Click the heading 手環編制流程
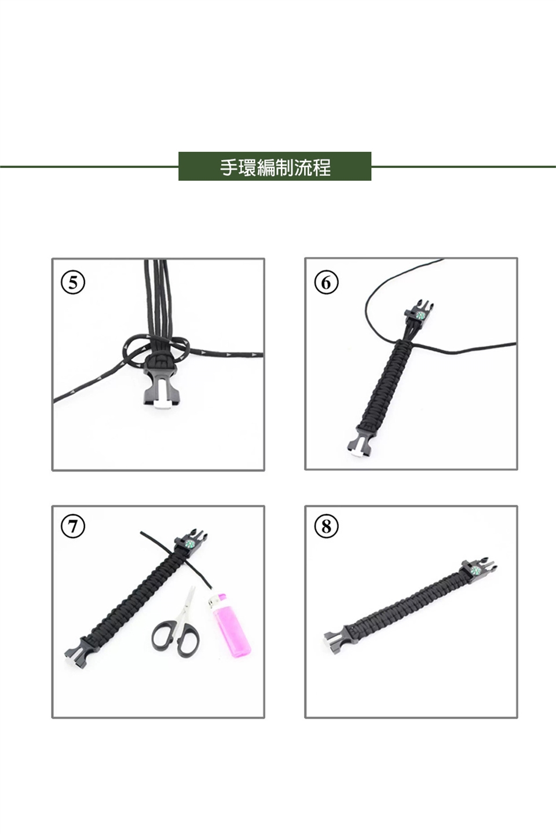pos(275,167)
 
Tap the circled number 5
pos(73,283)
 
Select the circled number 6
pos(326,283)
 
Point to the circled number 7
pos(73,526)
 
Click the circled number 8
pos(326,526)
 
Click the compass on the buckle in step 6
pos(420,315)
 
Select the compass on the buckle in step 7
pos(190,544)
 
